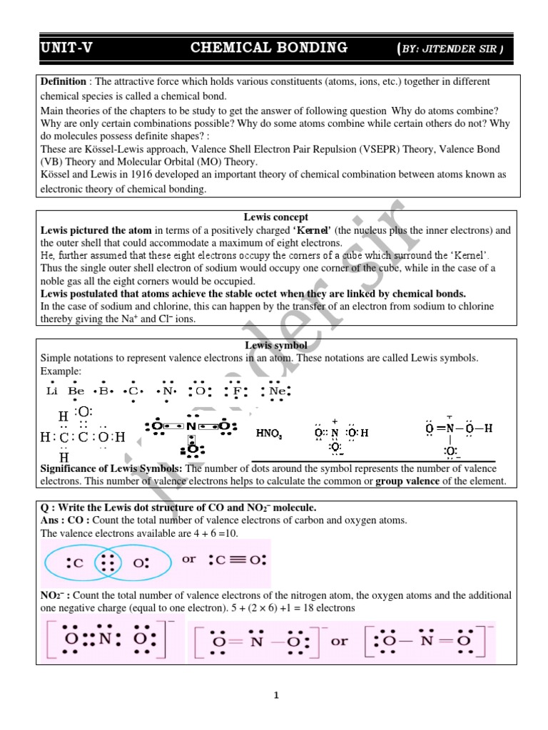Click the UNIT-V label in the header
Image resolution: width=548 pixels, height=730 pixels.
pos(66,48)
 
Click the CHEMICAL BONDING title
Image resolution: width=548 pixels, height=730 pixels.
pos(269,48)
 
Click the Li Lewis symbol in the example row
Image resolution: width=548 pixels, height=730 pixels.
pos(51,391)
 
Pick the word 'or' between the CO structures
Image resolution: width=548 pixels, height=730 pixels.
pos(189,559)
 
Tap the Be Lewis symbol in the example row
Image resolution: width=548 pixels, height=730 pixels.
pos(76,391)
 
